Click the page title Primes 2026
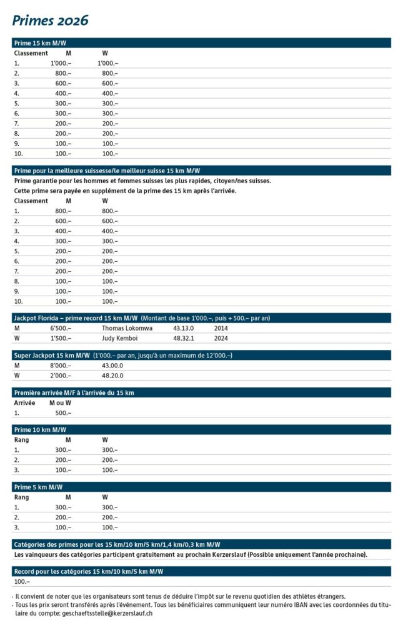(x=51, y=21)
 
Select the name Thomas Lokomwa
(x=127, y=328)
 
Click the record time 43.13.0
(x=183, y=328)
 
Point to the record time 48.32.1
(x=183, y=338)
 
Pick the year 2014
(x=221, y=328)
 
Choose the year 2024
(x=221, y=338)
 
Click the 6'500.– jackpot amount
(x=61, y=328)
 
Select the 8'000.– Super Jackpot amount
(x=61, y=365)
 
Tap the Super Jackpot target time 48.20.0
(x=112, y=376)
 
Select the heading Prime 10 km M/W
(x=40, y=429)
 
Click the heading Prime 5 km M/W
(x=38, y=487)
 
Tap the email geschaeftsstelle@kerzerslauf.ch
(x=108, y=614)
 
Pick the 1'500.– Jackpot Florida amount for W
(x=61, y=338)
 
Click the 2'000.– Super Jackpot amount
(x=61, y=376)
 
